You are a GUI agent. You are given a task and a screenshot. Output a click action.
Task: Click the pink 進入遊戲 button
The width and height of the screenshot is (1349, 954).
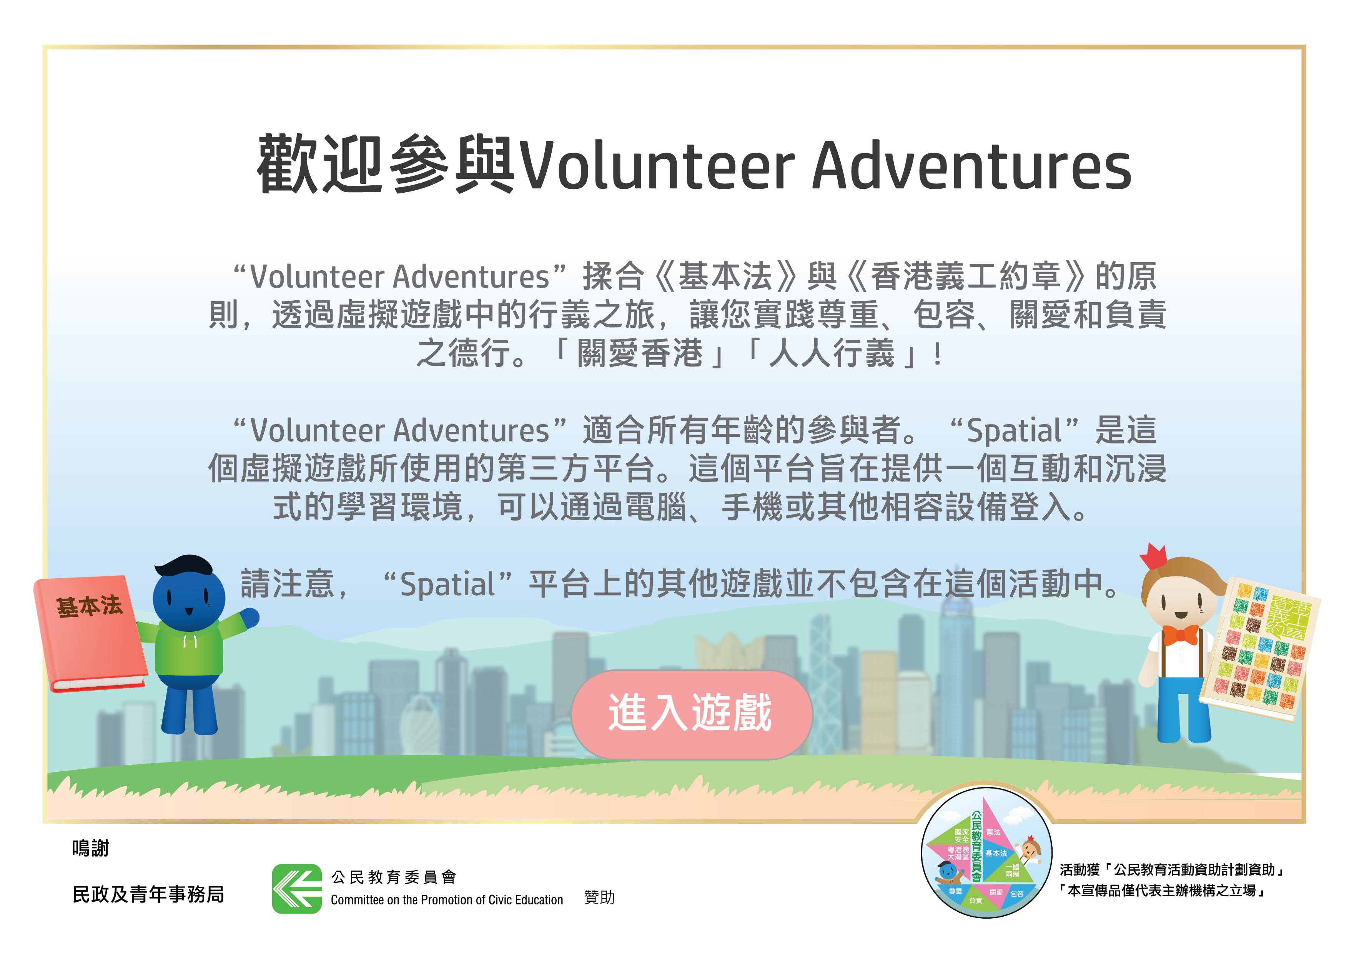[x=692, y=714]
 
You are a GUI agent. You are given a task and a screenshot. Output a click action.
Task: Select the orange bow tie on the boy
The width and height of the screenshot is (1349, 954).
[x=1180, y=635]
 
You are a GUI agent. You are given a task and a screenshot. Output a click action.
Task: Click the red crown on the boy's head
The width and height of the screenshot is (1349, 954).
[x=1153, y=556]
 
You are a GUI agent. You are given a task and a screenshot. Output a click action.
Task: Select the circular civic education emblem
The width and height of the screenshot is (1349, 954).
[x=986, y=852]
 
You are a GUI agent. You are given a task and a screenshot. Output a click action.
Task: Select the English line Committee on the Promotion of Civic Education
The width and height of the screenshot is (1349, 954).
[x=447, y=900]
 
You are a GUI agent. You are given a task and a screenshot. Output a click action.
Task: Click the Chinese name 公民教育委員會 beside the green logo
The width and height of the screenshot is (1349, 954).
[x=394, y=877]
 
